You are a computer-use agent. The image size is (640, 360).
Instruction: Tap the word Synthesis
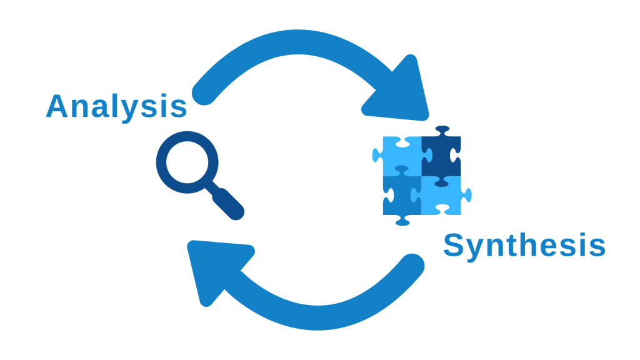point(524,246)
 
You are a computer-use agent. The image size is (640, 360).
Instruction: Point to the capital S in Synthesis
point(454,246)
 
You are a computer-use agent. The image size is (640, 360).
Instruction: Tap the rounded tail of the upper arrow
point(202,94)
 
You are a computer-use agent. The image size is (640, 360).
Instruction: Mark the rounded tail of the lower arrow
point(413,266)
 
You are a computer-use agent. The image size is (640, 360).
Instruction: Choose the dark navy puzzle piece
point(441,156)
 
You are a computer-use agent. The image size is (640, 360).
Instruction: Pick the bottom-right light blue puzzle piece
point(442,196)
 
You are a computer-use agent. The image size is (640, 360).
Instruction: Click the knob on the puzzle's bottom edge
point(402,221)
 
